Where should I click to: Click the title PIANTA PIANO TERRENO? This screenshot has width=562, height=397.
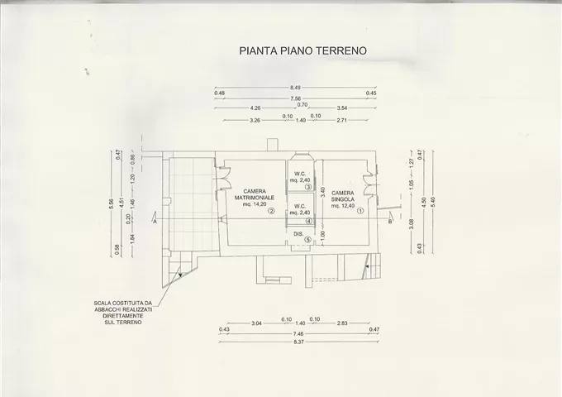(x=302, y=51)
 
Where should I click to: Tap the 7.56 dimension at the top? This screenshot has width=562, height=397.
(x=295, y=98)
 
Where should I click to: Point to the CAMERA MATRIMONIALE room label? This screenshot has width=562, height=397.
(x=248, y=195)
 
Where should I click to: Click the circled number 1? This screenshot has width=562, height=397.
(x=360, y=211)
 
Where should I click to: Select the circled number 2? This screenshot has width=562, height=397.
(x=270, y=211)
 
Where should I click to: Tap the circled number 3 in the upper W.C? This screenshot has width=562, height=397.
(x=307, y=188)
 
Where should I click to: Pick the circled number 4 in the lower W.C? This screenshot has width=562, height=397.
(x=307, y=221)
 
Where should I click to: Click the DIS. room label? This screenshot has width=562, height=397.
(x=298, y=233)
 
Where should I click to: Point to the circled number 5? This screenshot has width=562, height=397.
(x=307, y=241)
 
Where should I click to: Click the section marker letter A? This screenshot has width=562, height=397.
(x=155, y=222)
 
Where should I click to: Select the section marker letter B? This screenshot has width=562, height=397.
(x=389, y=222)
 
